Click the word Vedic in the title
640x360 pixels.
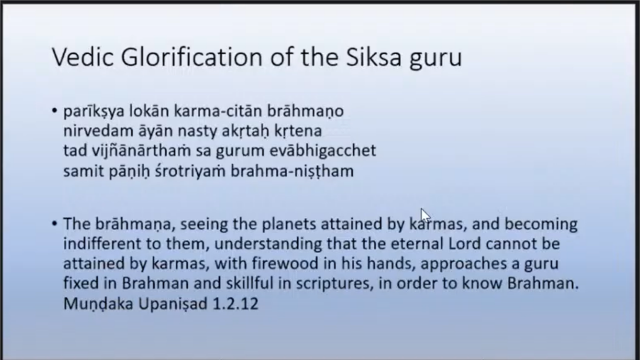click(82, 57)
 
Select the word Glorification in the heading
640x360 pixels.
click(192, 57)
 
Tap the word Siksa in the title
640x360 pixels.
click(374, 57)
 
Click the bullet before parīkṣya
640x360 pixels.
click(55, 111)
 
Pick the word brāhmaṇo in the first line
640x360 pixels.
click(305, 111)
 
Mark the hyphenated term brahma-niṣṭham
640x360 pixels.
click(292, 170)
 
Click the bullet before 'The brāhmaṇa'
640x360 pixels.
click(55, 224)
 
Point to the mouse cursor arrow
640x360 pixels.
click(425, 215)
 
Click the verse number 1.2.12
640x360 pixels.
click(236, 304)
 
